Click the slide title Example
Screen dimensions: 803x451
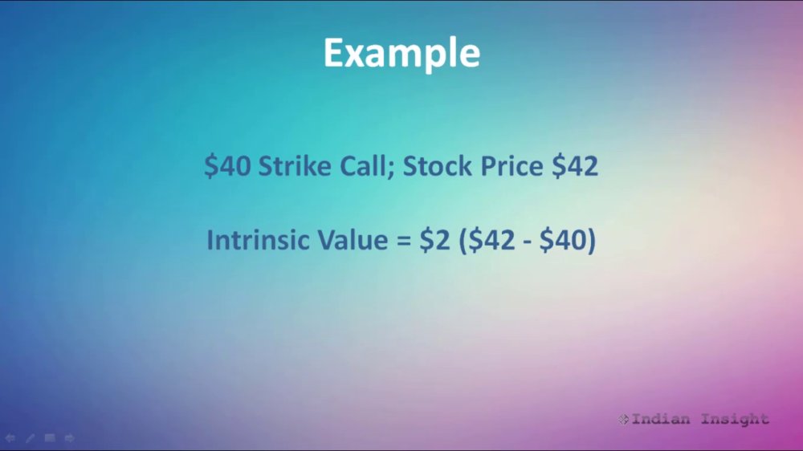401,54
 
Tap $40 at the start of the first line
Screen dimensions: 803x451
227,166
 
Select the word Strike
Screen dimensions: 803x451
295,166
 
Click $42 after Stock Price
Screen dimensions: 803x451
575,166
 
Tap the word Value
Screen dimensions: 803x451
353,240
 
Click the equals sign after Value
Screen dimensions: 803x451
404,240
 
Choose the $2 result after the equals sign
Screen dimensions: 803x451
434,240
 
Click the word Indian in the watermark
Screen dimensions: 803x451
661,419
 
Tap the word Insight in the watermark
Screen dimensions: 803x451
735,420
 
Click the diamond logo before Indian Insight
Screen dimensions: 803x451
623,419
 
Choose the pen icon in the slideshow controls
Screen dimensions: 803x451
31,437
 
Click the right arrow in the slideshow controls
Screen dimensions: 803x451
70,437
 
